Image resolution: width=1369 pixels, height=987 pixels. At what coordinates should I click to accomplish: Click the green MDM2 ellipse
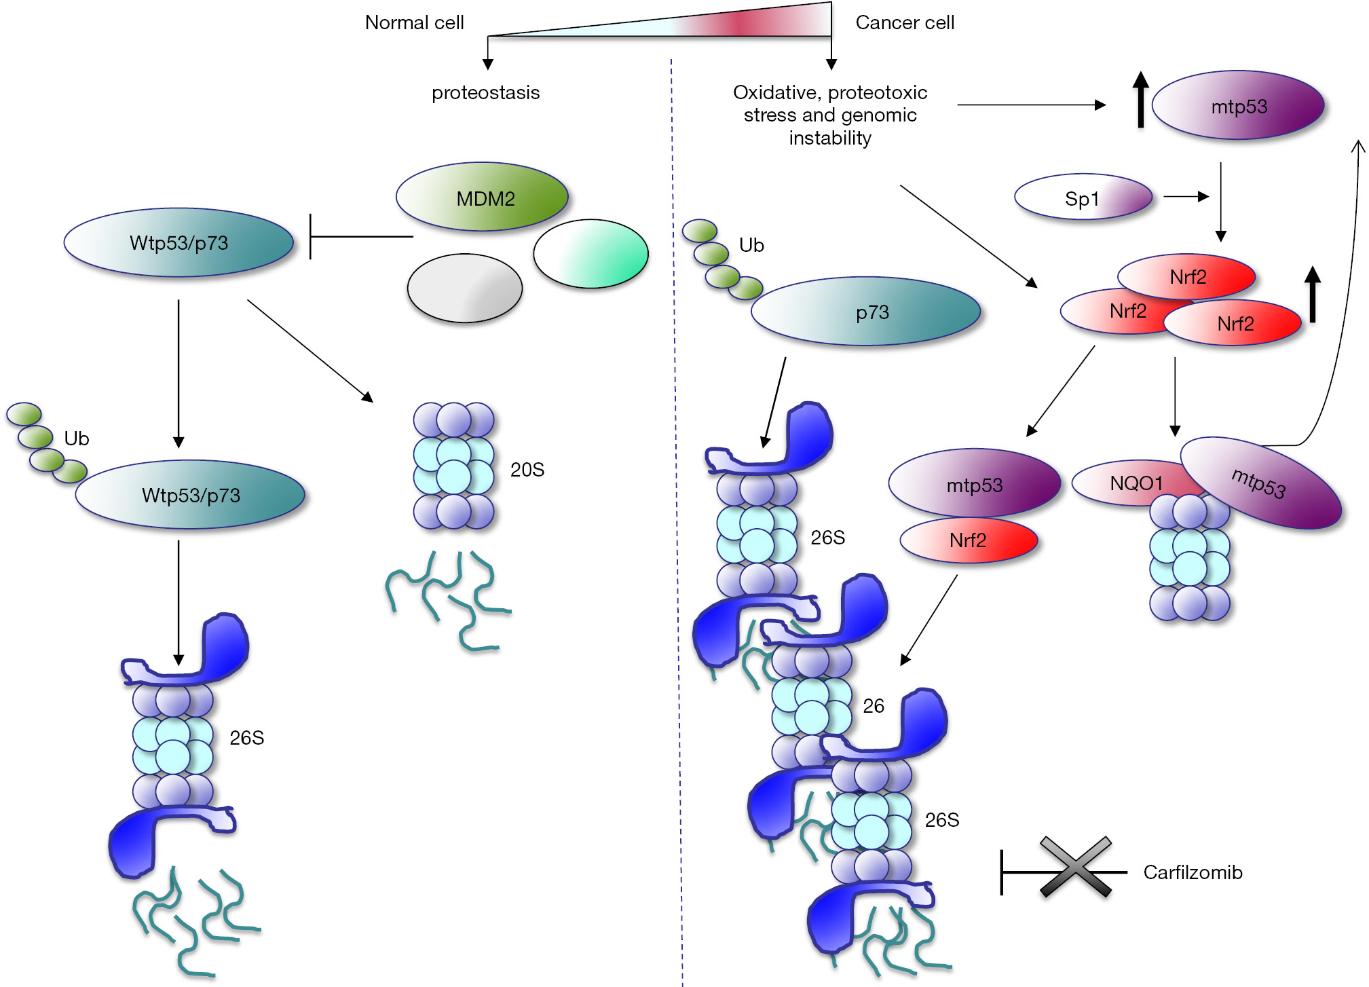(x=483, y=198)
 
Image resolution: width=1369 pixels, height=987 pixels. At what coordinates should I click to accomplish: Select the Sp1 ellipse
(x=1083, y=198)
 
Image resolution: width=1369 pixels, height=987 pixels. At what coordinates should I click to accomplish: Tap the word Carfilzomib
(x=1193, y=872)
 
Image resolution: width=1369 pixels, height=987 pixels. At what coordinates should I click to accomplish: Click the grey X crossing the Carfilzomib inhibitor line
(x=1075, y=868)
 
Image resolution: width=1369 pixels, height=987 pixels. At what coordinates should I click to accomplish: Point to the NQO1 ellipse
(x=1127, y=483)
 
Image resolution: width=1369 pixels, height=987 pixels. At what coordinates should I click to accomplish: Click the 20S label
(x=527, y=470)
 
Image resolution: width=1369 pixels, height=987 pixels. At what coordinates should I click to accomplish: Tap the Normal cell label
(x=414, y=23)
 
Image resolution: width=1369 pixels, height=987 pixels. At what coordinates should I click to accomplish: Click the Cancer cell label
(x=904, y=23)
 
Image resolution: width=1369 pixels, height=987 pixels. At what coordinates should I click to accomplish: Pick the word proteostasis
(x=485, y=93)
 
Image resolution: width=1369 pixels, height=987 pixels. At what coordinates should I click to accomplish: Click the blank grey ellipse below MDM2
(x=464, y=288)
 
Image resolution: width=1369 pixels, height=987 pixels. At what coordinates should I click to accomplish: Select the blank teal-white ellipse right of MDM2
(x=590, y=254)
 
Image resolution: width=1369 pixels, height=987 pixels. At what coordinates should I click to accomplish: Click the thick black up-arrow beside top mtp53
(x=1140, y=100)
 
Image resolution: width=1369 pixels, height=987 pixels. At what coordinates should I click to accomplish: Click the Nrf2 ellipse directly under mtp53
(x=969, y=541)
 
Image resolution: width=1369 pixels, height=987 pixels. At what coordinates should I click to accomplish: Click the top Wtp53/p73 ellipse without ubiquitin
(x=179, y=243)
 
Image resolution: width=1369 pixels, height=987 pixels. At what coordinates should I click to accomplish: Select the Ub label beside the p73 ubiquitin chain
(x=751, y=246)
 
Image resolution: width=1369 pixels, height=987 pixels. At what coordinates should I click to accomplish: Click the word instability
(x=829, y=138)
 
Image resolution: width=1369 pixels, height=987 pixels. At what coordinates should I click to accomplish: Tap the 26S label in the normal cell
(x=246, y=738)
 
